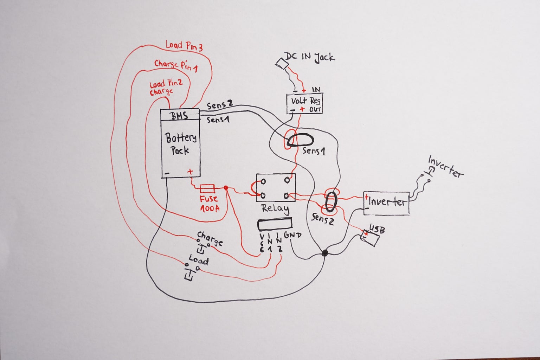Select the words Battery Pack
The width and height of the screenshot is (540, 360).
click(x=181, y=143)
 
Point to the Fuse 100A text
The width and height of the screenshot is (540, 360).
click(x=210, y=203)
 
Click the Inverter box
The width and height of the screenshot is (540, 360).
click(x=386, y=203)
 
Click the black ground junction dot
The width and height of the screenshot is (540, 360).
click(x=325, y=252)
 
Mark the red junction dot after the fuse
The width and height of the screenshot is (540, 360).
click(x=226, y=188)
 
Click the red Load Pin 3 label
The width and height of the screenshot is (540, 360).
click(x=184, y=46)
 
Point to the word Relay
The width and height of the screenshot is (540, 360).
click(x=275, y=208)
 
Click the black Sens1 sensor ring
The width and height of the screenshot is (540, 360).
click(x=299, y=140)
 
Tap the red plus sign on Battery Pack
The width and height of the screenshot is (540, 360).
click(x=190, y=172)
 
